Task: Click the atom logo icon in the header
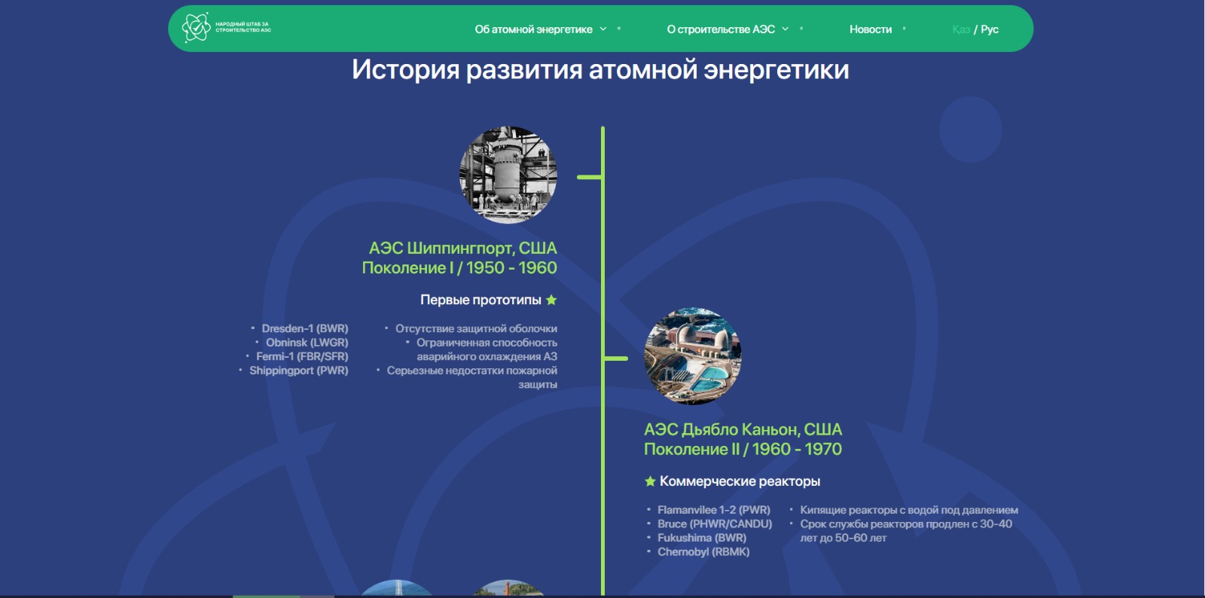click(x=196, y=27)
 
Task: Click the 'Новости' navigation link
click(x=871, y=29)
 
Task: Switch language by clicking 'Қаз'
click(x=961, y=29)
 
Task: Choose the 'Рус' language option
click(x=990, y=29)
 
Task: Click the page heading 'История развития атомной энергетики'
click(x=600, y=70)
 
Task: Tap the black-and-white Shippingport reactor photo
click(x=508, y=175)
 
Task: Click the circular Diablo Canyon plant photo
click(x=693, y=356)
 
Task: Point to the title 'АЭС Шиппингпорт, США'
click(x=462, y=249)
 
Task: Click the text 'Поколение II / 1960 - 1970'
click(x=743, y=449)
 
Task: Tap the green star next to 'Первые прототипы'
click(x=551, y=300)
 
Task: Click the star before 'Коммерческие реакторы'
click(x=650, y=481)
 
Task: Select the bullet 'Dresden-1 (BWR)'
click(x=305, y=328)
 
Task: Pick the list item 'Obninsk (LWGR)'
click(x=307, y=343)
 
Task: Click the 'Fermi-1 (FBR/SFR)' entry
click(x=302, y=356)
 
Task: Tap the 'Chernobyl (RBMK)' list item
click(x=703, y=552)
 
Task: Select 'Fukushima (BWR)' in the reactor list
click(x=702, y=538)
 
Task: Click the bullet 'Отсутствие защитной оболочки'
click(x=476, y=328)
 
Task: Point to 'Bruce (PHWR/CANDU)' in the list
click(x=715, y=523)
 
